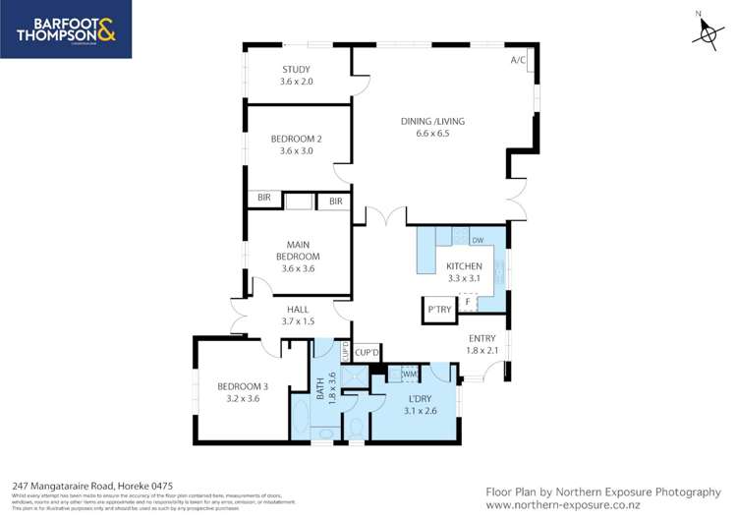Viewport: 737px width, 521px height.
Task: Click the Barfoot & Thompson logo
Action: coord(66,29)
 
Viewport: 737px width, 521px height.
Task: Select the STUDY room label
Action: coord(296,75)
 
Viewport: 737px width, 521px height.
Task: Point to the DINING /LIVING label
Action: coord(432,127)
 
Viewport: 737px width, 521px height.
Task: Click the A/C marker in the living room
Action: coord(519,60)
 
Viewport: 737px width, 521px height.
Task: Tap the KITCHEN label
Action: coord(464,272)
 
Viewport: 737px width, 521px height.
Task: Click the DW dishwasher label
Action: coord(478,241)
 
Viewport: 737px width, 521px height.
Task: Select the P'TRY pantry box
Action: coord(438,309)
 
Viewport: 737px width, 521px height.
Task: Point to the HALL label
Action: coord(297,315)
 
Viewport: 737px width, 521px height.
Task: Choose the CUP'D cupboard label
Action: coord(368,351)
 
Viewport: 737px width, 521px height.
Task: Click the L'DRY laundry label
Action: coord(419,404)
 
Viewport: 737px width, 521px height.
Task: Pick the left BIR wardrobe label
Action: coord(263,199)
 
